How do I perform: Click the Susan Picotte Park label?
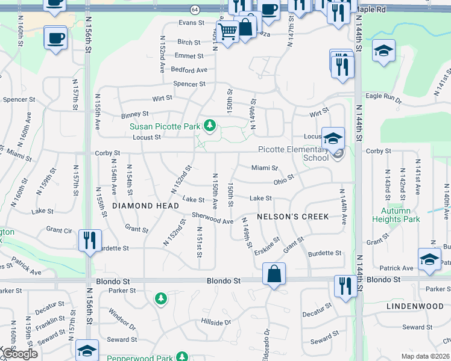[x=164, y=126]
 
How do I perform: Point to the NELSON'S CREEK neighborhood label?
[x=292, y=217]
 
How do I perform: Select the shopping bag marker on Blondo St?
[x=274, y=274]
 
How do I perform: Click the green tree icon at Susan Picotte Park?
[x=209, y=126]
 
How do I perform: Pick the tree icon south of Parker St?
[x=160, y=298]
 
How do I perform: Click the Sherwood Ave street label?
[x=212, y=218]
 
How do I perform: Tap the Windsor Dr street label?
[x=122, y=319]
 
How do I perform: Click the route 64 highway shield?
[x=195, y=10]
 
